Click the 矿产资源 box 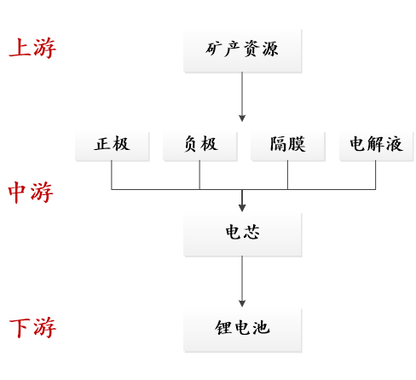242,49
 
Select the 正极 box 112,145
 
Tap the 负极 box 199,145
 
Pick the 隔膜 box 287,145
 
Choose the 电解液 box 376,145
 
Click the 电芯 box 242,233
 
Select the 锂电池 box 242,328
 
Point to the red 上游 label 32,49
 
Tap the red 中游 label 31,193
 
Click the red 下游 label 32,328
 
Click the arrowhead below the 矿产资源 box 242,118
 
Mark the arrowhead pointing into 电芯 242,207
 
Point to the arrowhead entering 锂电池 242,302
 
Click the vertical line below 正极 112,175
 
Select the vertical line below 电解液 376,175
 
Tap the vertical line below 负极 199,175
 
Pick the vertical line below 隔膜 287,175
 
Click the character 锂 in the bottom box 223,328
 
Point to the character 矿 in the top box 214,49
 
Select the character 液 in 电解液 394,145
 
